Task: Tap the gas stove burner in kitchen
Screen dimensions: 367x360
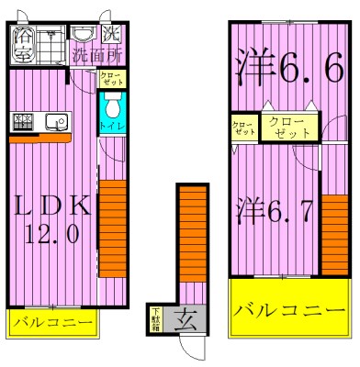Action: [22, 120]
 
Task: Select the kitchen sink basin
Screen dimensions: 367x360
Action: [53, 120]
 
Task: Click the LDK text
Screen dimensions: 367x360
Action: [51, 205]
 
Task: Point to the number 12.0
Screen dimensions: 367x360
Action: [51, 235]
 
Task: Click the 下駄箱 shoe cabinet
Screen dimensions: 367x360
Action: [155, 321]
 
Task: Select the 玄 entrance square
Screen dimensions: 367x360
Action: [185, 321]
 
